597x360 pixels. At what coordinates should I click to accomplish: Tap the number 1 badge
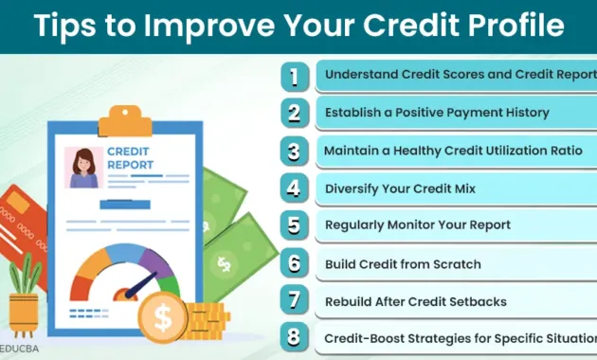tap(295, 75)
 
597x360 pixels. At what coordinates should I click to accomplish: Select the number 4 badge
tap(295, 188)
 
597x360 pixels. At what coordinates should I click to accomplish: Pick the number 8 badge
tap(295, 338)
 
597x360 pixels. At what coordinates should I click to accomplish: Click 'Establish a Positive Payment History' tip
tap(437, 113)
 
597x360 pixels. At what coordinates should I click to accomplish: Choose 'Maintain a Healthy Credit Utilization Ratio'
tap(460, 151)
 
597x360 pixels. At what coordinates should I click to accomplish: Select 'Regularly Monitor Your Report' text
tap(418, 225)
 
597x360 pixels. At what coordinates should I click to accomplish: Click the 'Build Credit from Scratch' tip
tap(403, 263)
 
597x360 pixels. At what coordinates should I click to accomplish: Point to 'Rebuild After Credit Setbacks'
tap(416, 301)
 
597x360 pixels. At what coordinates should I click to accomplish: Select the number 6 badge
tap(295, 263)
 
